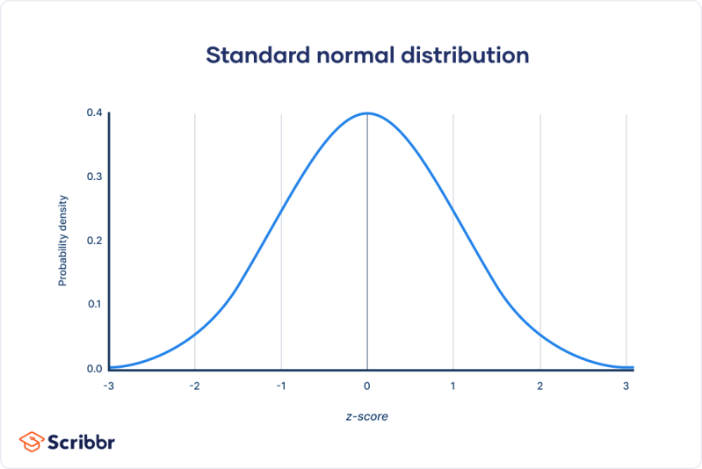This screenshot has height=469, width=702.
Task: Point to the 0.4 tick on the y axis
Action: click(93, 112)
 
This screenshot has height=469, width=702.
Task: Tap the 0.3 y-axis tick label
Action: click(93, 177)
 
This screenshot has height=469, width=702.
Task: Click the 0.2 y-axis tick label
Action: click(93, 241)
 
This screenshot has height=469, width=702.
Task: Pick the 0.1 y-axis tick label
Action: click(93, 304)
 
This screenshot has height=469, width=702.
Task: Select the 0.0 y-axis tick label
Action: click(93, 368)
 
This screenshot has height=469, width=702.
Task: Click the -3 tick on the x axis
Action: click(108, 386)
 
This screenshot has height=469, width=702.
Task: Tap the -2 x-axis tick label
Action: click(194, 386)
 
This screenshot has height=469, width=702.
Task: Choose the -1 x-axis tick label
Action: click(280, 386)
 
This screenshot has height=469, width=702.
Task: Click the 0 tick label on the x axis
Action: click(367, 386)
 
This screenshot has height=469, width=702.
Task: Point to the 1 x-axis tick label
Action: click(453, 386)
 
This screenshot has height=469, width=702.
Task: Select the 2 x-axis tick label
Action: click(539, 386)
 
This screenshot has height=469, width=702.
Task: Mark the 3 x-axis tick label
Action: click(626, 386)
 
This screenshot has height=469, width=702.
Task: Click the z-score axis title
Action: click(366, 416)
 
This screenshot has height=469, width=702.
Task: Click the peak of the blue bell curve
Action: click(367, 113)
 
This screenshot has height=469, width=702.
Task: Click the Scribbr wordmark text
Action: click(82, 442)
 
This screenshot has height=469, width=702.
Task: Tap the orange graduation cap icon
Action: click(33, 441)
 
